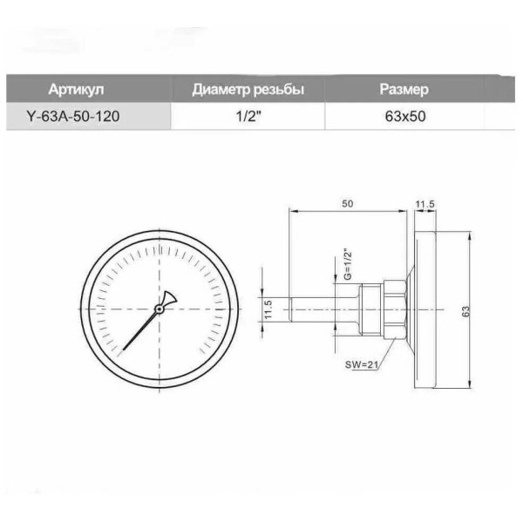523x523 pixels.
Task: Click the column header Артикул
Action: point(76,90)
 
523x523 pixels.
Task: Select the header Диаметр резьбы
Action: point(248,90)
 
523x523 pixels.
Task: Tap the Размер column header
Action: point(404,90)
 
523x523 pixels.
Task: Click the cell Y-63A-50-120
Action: point(72,117)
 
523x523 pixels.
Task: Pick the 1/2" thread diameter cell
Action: point(248,117)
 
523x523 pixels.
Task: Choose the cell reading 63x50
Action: point(405,117)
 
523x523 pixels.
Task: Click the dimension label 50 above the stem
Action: point(347,204)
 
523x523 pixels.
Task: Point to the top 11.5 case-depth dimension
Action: point(425,204)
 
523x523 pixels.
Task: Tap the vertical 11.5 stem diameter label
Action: point(268,309)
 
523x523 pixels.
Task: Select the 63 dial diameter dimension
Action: point(465,311)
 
